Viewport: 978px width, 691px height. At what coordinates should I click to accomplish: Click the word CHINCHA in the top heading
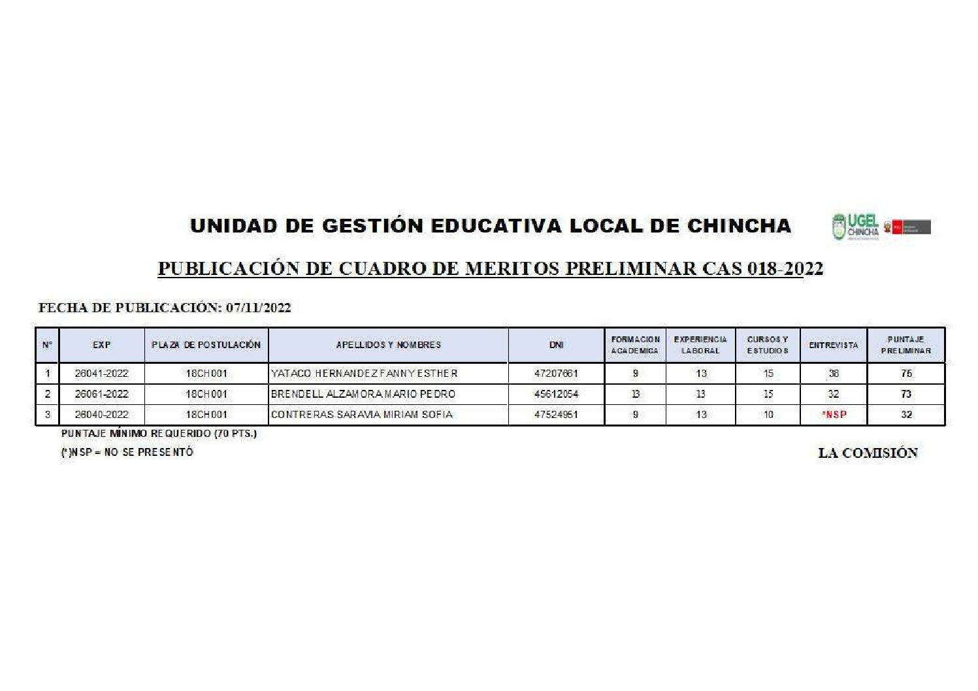pyautogui.click(x=739, y=226)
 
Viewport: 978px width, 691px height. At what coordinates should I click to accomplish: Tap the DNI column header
pyautogui.click(x=556, y=345)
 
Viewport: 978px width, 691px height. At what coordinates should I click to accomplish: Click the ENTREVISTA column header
pyautogui.click(x=833, y=345)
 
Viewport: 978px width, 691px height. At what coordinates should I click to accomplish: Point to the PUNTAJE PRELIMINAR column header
pyautogui.click(x=905, y=345)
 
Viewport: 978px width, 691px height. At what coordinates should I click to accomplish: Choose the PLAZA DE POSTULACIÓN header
pyautogui.click(x=206, y=345)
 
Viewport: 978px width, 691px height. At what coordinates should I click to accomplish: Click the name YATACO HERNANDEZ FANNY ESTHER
pyautogui.click(x=364, y=374)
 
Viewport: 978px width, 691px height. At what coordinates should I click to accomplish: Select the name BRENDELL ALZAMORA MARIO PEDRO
pyautogui.click(x=363, y=394)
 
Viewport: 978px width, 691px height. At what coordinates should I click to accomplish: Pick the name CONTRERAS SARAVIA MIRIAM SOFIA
pyautogui.click(x=361, y=414)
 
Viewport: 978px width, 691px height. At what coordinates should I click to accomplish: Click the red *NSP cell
pyautogui.click(x=834, y=414)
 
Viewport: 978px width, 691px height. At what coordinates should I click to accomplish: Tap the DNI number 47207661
pyautogui.click(x=556, y=374)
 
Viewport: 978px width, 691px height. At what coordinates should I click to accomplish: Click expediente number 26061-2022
pyautogui.click(x=101, y=394)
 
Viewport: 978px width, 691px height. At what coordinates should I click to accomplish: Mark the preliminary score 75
pyautogui.click(x=906, y=374)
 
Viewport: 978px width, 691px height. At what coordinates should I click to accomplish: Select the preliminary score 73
pyautogui.click(x=906, y=394)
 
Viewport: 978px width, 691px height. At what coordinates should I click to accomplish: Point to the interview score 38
pyautogui.click(x=834, y=374)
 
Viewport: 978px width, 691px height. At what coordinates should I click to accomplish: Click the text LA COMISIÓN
pyautogui.click(x=868, y=453)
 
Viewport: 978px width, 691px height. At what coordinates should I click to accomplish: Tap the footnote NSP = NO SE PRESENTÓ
pyautogui.click(x=127, y=451)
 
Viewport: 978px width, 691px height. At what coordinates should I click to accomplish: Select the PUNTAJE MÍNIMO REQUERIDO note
pyautogui.click(x=159, y=433)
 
